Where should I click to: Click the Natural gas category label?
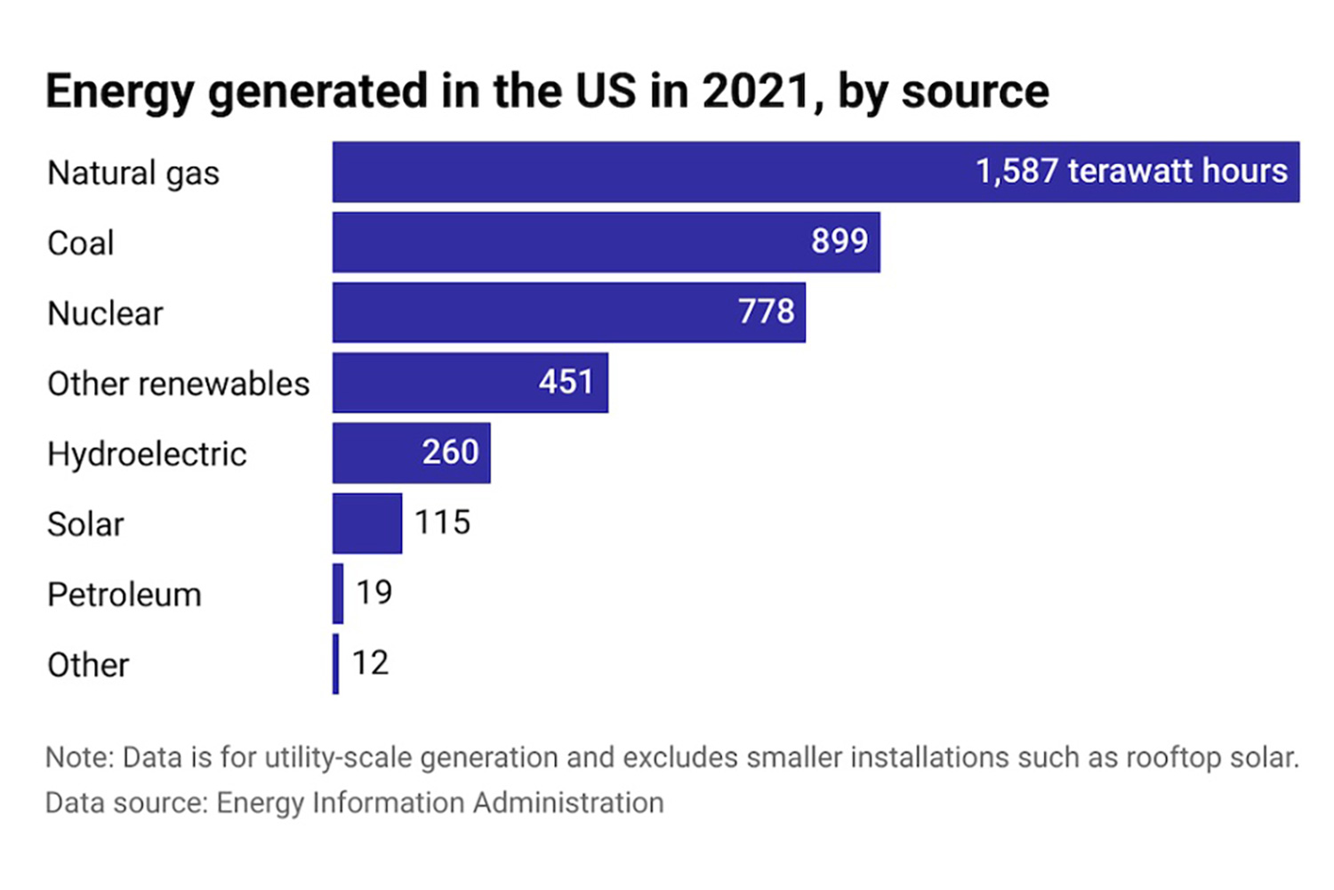click(133, 173)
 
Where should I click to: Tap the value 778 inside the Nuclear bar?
click(766, 311)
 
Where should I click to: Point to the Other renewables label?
click(178, 384)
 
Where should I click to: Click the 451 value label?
click(566, 382)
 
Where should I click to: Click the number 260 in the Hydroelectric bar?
click(450, 452)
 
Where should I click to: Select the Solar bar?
click(366, 523)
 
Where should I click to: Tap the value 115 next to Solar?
click(442, 522)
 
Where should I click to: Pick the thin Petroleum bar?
click(338, 594)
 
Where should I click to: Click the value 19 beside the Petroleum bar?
click(374, 593)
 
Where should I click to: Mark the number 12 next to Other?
click(370, 663)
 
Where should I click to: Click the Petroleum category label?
click(125, 595)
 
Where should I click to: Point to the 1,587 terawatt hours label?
click(1130, 171)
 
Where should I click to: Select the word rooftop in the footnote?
click(1173, 757)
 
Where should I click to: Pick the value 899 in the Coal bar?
click(839, 241)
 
